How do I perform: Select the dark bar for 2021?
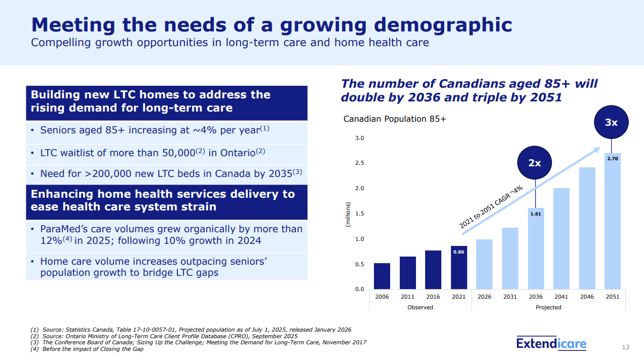tap(459, 267)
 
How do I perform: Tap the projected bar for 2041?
tap(561, 238)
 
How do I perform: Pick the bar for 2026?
tap(484, 264)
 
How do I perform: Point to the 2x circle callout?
tap(535, 163)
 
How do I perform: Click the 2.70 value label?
tap(612, 159)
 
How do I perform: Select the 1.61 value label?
tap(536, 214)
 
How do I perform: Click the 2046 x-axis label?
tap(587, 297)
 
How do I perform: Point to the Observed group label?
tap(420, 307)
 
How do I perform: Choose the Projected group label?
tap(548, 307)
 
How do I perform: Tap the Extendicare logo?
tap(551, 344)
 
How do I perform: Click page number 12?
tap(626, 347)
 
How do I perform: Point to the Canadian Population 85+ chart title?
tap(395, 119)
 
